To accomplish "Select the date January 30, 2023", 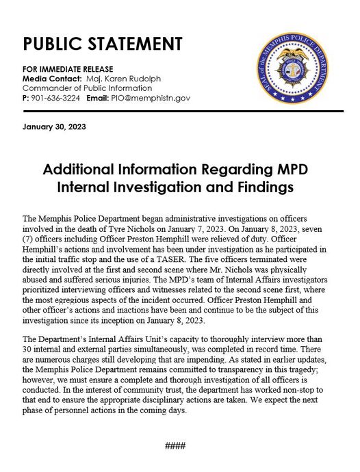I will tap(54, 127).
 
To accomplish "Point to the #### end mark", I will tap(175, 446).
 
